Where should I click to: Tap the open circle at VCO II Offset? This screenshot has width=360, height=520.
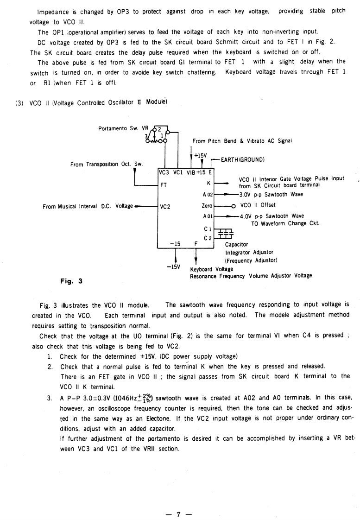point(234,205)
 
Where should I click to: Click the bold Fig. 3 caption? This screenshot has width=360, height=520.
point(71,280)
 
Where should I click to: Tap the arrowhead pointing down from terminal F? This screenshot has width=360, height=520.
point(197,262)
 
